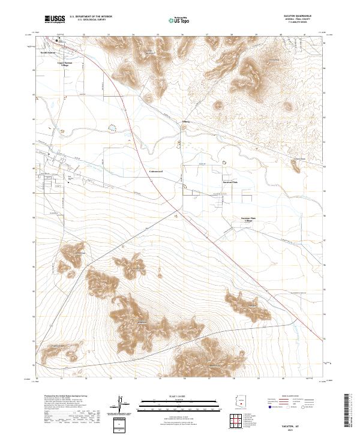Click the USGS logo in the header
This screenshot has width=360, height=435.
pyautogui.click(x=55, y=19)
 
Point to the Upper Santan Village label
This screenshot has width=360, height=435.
pyautogui.click(x=64, y=62)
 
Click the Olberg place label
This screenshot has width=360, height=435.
pyautogui.click(x=186, y=121)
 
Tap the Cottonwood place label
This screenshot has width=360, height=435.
pyautogui.click(x=157, y=171)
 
